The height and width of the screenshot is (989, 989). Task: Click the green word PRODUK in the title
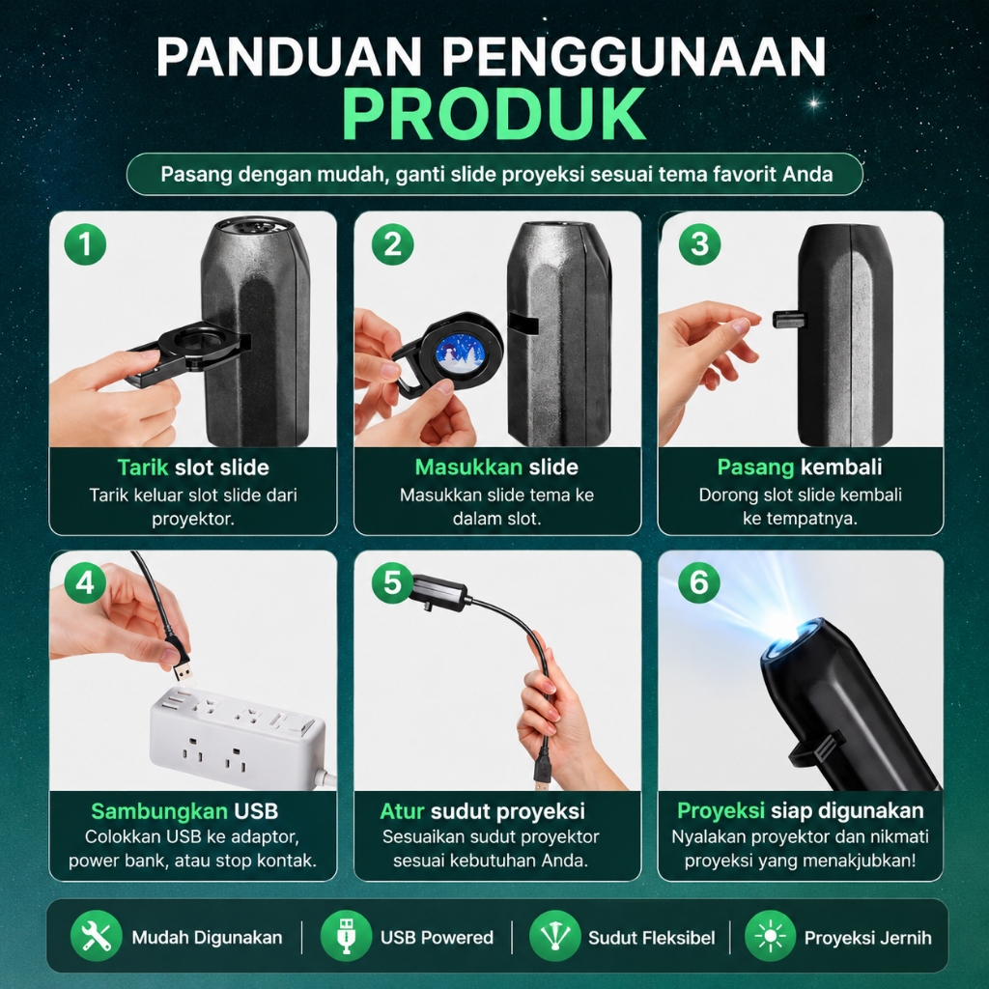(494, 115)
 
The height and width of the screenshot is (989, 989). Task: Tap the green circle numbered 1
(85, 244)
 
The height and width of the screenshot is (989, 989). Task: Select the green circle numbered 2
(392, 244)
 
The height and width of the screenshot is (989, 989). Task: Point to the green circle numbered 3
(699, 244)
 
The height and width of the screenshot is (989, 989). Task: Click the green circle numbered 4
(85, 582)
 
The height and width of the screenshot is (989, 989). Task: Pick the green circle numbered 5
(392, 582)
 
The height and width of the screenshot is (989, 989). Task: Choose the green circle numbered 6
(699, 582)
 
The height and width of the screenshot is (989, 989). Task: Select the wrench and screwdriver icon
(97, 937)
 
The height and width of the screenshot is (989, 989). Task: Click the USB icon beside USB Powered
(346, 937)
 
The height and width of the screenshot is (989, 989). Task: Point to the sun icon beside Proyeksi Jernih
(770, 937)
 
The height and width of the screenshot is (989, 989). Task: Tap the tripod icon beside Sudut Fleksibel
(555, 937)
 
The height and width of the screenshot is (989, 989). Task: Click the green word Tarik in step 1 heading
(143, 467)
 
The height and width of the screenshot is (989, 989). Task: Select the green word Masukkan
(468, 467)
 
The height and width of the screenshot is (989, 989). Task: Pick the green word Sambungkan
(159, 811)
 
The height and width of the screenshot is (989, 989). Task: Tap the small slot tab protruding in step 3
(788, 319)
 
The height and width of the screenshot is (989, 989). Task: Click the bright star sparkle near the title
(813, 102)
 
